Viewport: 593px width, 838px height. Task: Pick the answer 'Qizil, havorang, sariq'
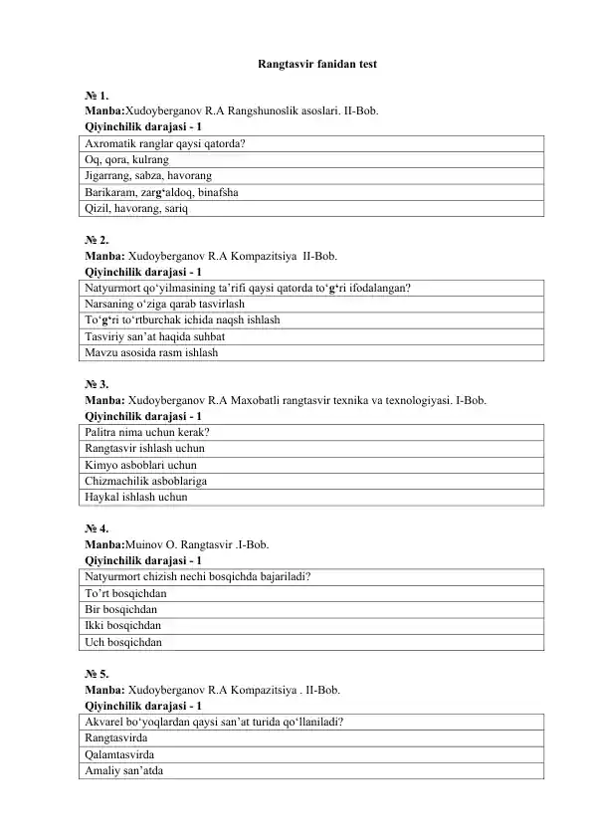tap(135, 209)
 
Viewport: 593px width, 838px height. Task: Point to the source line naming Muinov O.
tap(176, 544)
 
